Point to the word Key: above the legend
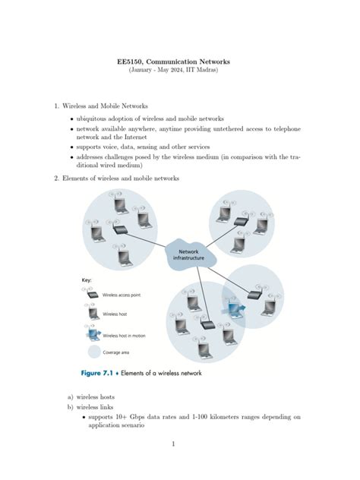(x=87, y=279)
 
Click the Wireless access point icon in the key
(x=94, y=294)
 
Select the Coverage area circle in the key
(x=93, y=352)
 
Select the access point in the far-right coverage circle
(x=254, y=296)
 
